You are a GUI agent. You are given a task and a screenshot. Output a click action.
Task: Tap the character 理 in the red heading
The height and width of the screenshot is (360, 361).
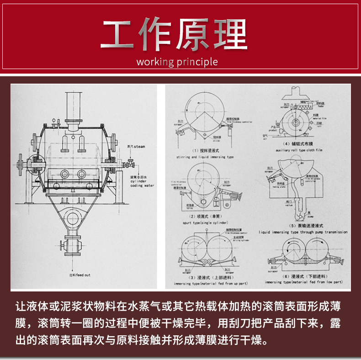tap(228, 35)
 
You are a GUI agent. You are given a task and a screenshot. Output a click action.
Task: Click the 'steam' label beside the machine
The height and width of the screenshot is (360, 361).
tap(136, 147)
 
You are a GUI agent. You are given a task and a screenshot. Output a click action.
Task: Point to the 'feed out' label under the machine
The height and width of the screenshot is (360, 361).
tap(80, 275)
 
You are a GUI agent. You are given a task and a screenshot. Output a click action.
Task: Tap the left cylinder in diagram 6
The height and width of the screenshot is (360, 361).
tap(294, 254)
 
